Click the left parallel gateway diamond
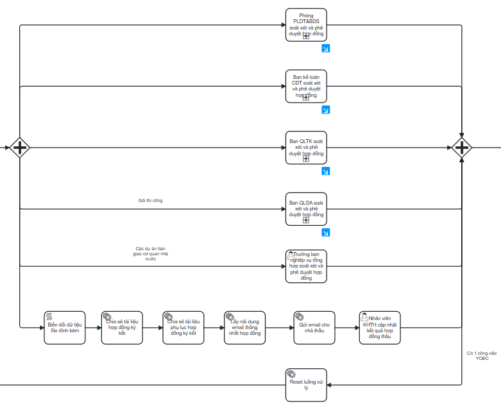click(x=20, y=148)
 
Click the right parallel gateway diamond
click(x=461, y=148)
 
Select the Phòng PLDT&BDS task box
click(x=306, y=25)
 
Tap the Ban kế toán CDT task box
click(x=306, y=86)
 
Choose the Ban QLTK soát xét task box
click(x=306, y=148)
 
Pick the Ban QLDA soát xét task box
click(x=306, y=208)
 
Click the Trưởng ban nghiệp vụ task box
click(x=306, y=266)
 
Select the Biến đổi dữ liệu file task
click(x=64, y=328)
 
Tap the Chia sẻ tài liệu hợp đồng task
click(x=122, y=328)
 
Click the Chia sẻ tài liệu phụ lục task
click(x=183, y=328)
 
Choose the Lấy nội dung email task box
click(x=244, y=328)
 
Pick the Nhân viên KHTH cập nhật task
click(x=380, y=328)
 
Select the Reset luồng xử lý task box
click(x=306, y=385)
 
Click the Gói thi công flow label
click(x=150, y=201)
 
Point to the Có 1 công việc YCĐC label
click(x=482, y=355)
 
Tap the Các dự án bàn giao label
click(x=150, y=253)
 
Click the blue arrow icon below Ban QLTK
click(x=325, y=171)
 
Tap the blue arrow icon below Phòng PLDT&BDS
click(x=325, y=49)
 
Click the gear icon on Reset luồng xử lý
click(x=291, y=373)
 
